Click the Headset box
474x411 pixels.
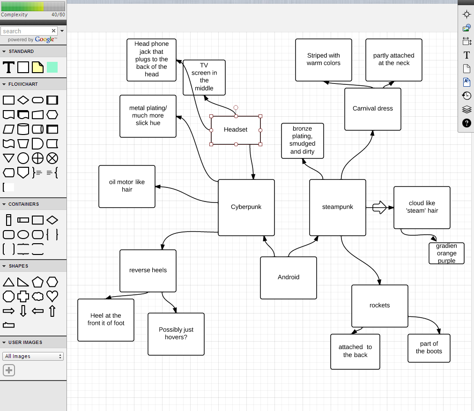point(236,130)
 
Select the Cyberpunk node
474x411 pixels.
point(246,207)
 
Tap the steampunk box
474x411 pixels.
point(337,207)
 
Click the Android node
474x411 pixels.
point(288,277)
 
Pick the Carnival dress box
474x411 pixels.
point(372,109)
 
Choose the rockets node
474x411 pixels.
point(379,306)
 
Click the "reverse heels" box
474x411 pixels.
point(148,270)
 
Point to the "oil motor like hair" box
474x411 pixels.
point(126,186)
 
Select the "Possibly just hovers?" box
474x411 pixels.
point(176,334)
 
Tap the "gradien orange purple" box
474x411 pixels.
point(446,254)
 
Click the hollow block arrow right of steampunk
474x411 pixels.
point(379,207)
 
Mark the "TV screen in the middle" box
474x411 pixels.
point(204,77)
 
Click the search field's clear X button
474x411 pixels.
point(53,31)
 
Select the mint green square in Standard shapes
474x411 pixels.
point(52,67)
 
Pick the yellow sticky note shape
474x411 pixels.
point(37,67)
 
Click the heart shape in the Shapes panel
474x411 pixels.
point(52,296)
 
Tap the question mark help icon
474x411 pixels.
point(467,123)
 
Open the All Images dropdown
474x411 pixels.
point(33,356)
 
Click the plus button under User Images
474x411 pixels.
point(9,370)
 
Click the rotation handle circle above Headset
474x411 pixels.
point(236,107)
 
